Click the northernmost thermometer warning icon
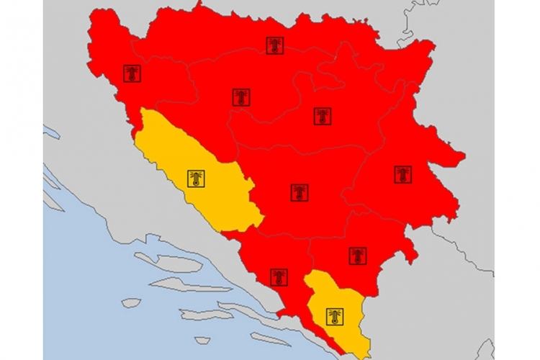[x=274, y=46]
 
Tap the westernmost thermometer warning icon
[x=132, y=73]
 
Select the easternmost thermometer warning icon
[x=402, y=174]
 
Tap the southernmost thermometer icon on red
[x=279, y=277]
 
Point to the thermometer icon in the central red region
[x=300, y=192]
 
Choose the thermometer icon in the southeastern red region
[x=358, y=256]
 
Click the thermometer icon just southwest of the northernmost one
[x=241, y=97]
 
